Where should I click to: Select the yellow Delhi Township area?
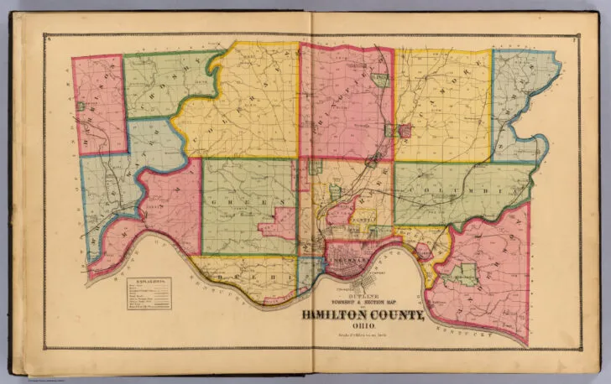(x=252, y=272)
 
